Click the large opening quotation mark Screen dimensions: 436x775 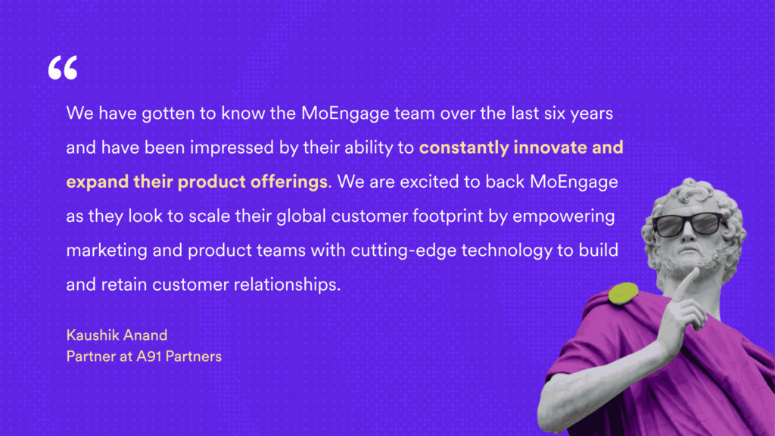[62, 68]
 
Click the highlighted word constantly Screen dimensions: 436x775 [463, 148]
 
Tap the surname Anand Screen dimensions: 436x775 [145, 336]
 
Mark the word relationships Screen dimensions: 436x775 [292, 286]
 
